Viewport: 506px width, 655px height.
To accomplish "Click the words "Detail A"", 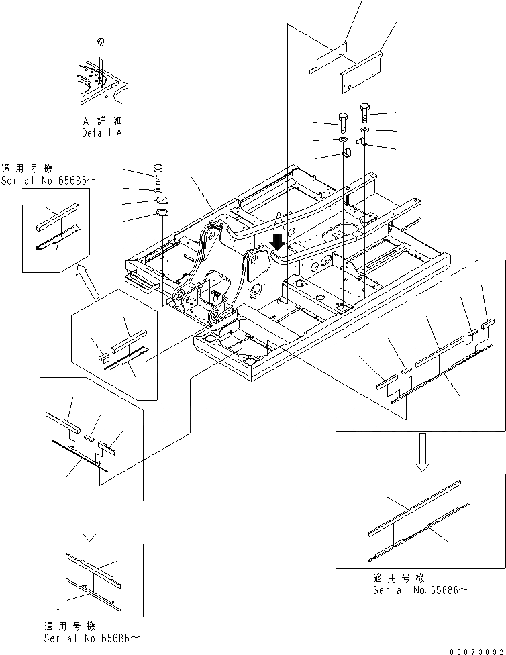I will pos(102,133).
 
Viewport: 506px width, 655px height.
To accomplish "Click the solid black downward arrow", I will pos(276,240).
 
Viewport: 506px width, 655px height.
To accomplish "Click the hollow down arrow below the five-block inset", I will pos(422,452).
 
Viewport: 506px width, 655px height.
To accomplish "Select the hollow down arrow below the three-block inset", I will pos(89,521).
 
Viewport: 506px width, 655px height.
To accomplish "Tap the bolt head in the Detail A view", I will pos(101,42).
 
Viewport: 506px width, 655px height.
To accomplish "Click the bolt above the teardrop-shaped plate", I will pos(158,173).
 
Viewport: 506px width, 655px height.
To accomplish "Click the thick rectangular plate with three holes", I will pos(360,70).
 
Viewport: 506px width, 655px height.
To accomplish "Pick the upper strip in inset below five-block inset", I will pos(415,507).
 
